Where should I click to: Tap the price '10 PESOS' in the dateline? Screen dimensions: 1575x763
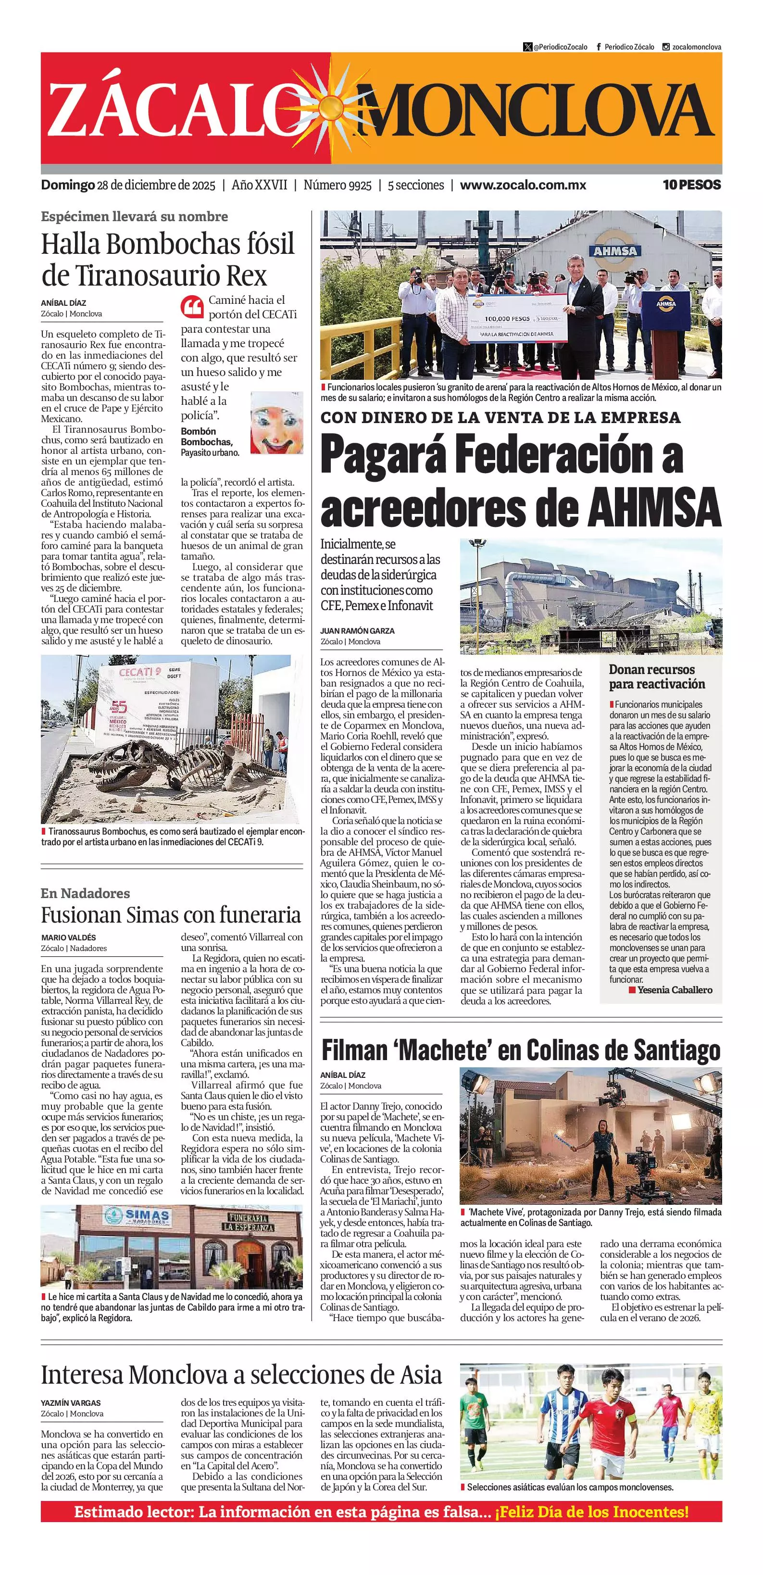point(691,185)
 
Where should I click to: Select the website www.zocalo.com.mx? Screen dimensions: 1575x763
point(523,185)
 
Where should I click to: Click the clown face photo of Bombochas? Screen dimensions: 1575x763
point(277,423)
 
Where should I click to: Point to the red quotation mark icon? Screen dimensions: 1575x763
point(192,306)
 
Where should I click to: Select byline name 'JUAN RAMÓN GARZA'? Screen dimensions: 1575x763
point(357,630)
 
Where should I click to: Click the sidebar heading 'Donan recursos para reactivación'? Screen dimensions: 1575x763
point(657,676)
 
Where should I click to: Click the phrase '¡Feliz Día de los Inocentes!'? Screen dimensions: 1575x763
point(591,1512)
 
